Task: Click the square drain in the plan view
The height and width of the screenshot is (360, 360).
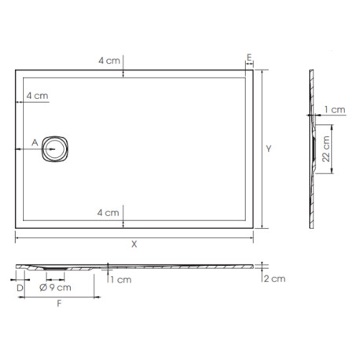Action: [x=57, y=147]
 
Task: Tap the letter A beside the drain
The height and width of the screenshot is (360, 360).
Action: [x=34, y=142]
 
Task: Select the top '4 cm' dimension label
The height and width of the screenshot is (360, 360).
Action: [x=108, y=61]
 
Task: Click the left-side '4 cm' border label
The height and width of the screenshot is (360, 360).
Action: [x=36, y=96]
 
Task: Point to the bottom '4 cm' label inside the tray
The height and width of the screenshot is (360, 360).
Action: [x=108, y=213]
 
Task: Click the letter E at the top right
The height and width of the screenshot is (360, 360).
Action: [x=248, y=59]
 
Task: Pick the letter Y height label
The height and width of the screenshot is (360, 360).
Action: [x=269, y=149]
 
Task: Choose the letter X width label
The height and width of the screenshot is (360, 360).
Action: [x=134, y=244]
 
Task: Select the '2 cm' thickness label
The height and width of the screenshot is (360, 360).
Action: [x=274, y=279]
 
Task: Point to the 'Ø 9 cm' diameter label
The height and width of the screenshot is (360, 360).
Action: [x=55, y=288]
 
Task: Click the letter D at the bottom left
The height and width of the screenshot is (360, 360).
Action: [x=19, y=288]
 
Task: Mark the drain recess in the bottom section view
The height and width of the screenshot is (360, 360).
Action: [x=56, y=270]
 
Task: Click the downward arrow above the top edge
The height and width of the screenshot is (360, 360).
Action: [x=125, y=72]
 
